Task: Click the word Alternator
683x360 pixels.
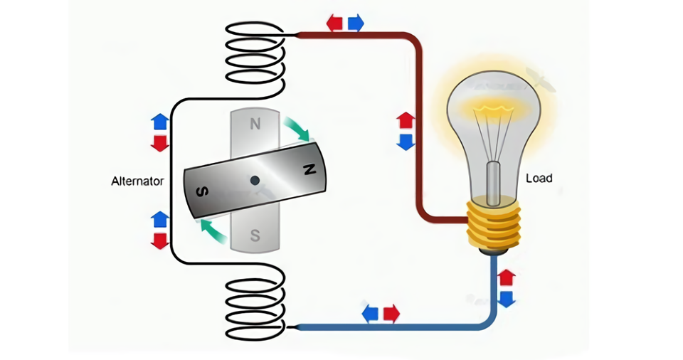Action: [x=137, y=181]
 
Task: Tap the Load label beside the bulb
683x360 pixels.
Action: [x=539, y=178]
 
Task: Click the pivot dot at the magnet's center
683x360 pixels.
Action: [x=254, y=181]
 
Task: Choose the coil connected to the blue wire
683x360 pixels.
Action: [x=255, y=307]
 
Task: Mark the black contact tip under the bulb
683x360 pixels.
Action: [x=493, y=250]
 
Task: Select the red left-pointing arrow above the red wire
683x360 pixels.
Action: [x=334, y=23]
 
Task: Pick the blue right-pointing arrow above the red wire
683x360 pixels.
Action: [x=355, y=23]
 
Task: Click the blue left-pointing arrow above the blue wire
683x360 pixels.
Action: [x=370, y=313]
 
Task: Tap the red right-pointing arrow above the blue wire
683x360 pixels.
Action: [x=391, y=313]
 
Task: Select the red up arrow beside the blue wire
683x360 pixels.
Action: [x=506, y=277]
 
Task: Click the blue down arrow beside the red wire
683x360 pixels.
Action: [x=405, y=141]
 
